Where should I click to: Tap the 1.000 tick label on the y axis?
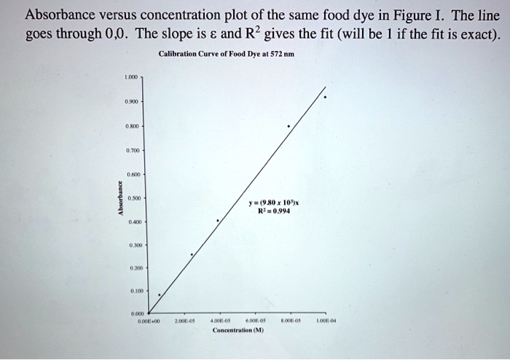pos(131,75)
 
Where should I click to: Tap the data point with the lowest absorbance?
pos(160,295)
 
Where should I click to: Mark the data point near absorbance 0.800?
pos(289,126)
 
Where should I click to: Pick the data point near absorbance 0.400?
pos(217,220)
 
